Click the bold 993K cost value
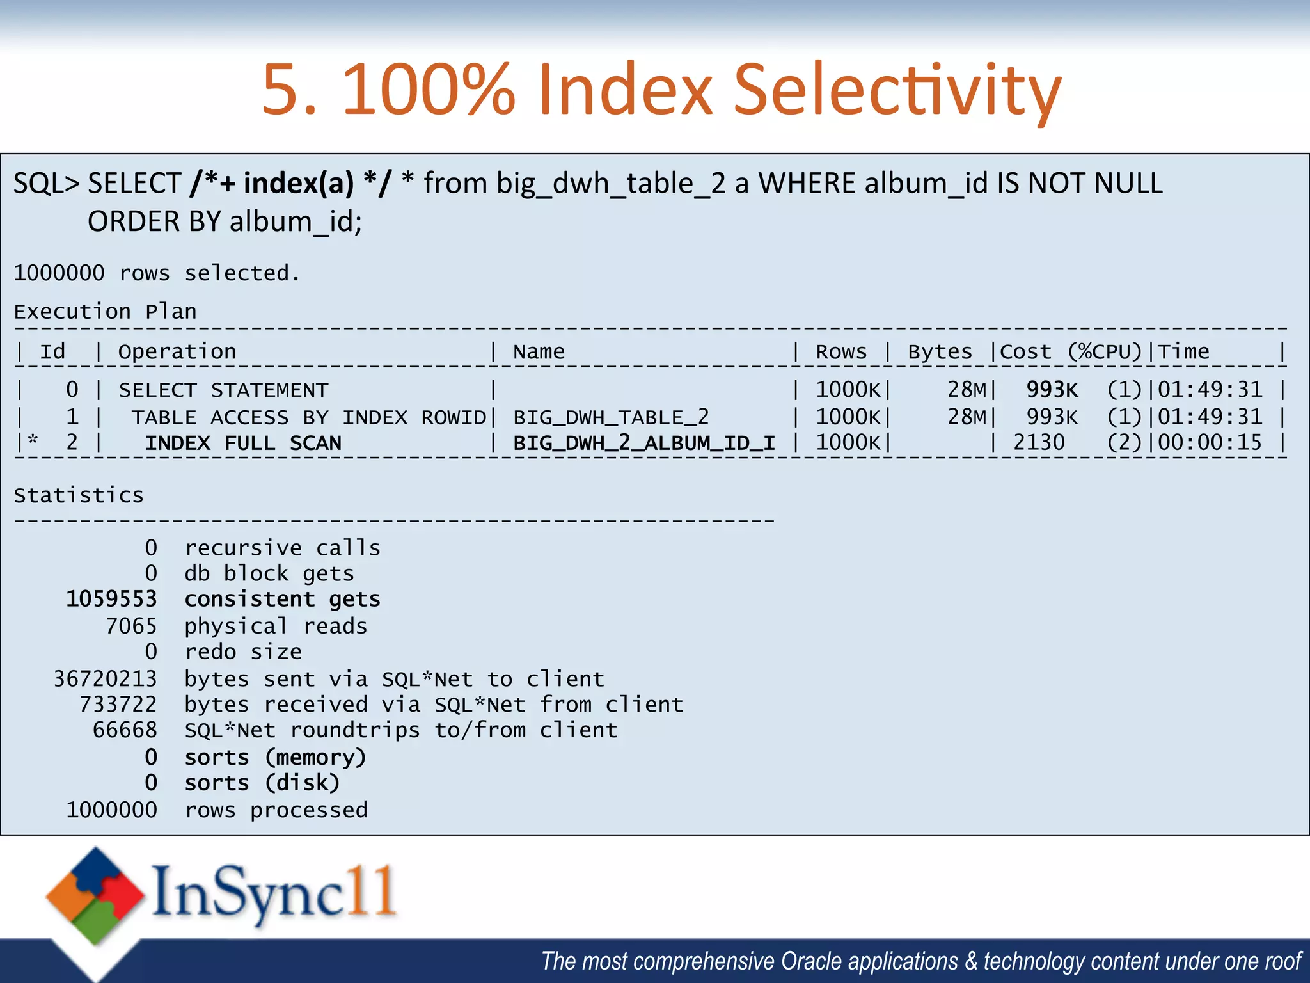pyautogui.click(x=1052, y=390)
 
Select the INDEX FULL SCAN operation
pyautogui.click(x=243, y=443)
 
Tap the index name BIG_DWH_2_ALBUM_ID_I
pyautogui.click(x=644, y=443)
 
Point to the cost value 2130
pyautogui.click(x=1039, y=443)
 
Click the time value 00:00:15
pyautogui.click(x=1210, y=443)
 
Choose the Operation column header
pyautogui.click(x=177, y=352)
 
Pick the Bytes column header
pyautogui.click(x=940, y=352)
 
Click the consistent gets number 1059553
pyautogui.click(x=112, y=599)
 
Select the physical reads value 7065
pyautogui.click(x=131, y=626)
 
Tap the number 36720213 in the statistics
pyautogui.click(x=106, y=678)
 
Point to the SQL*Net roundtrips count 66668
pyautogui.click(x=125, y=730)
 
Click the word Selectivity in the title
pyautogui.click(x=897, y=90)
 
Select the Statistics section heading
pyautogui.click(x=79, y=495)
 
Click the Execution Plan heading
pyautogui.click(x=106, y=312)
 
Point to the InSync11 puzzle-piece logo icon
pyautogui.click(x=95, y=895)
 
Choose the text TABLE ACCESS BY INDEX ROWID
pyautogui.click(x=309, y=417)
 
